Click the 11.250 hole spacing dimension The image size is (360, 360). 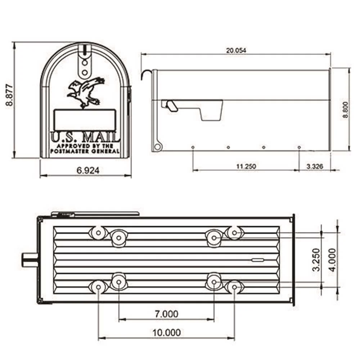(246, 166)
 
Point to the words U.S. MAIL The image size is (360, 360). (85, 137)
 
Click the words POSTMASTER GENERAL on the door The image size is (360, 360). (85, 152)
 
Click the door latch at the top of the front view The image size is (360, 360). (84, 61)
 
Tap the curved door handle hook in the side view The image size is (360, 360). (146, 73)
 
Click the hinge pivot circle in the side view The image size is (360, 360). (157, 147)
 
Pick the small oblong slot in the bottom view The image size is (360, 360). (257, 260)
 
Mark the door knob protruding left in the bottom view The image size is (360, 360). (30, 260)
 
